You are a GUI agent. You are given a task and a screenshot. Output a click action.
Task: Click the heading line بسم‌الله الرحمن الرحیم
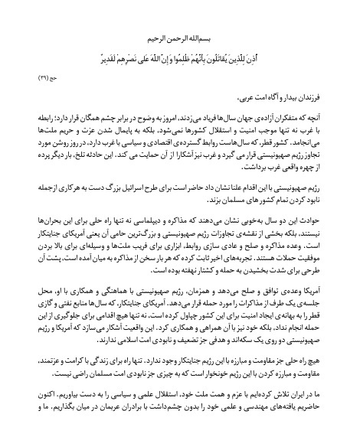tap(180, 35)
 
